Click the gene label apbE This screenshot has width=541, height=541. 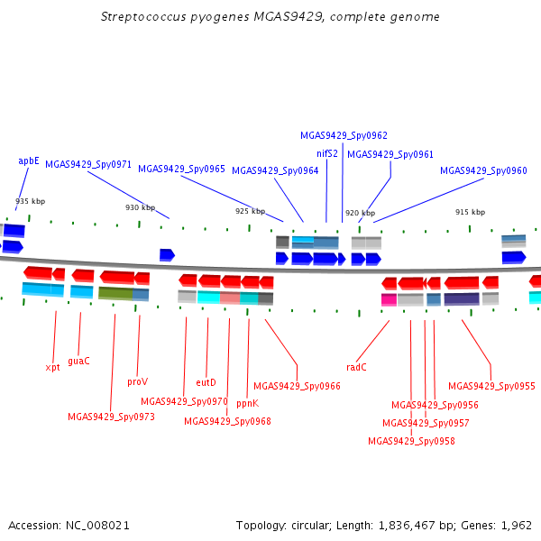[x=29, y=161]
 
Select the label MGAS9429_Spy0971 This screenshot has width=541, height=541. [x=88, y=165]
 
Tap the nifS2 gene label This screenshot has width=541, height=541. [x=327, y=153]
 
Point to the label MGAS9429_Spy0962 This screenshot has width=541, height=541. [x=344, y=136]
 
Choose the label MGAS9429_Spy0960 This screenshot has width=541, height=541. [x=483, y=170]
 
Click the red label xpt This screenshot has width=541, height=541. [x=52, y=367]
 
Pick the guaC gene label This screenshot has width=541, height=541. [x=78, y=361]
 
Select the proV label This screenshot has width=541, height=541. [x=137, y=382]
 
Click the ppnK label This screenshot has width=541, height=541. [x=247, y=404]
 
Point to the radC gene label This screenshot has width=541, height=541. [x=356, y=367]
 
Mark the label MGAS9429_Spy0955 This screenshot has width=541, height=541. [x=491, y=386]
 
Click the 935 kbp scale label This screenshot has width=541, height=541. [x=30, y=201]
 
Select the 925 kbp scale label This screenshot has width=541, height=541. [x=250, y=211]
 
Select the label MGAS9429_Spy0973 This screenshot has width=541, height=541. [x=111, y=417]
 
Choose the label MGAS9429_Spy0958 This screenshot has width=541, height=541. [x=411, y=441]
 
